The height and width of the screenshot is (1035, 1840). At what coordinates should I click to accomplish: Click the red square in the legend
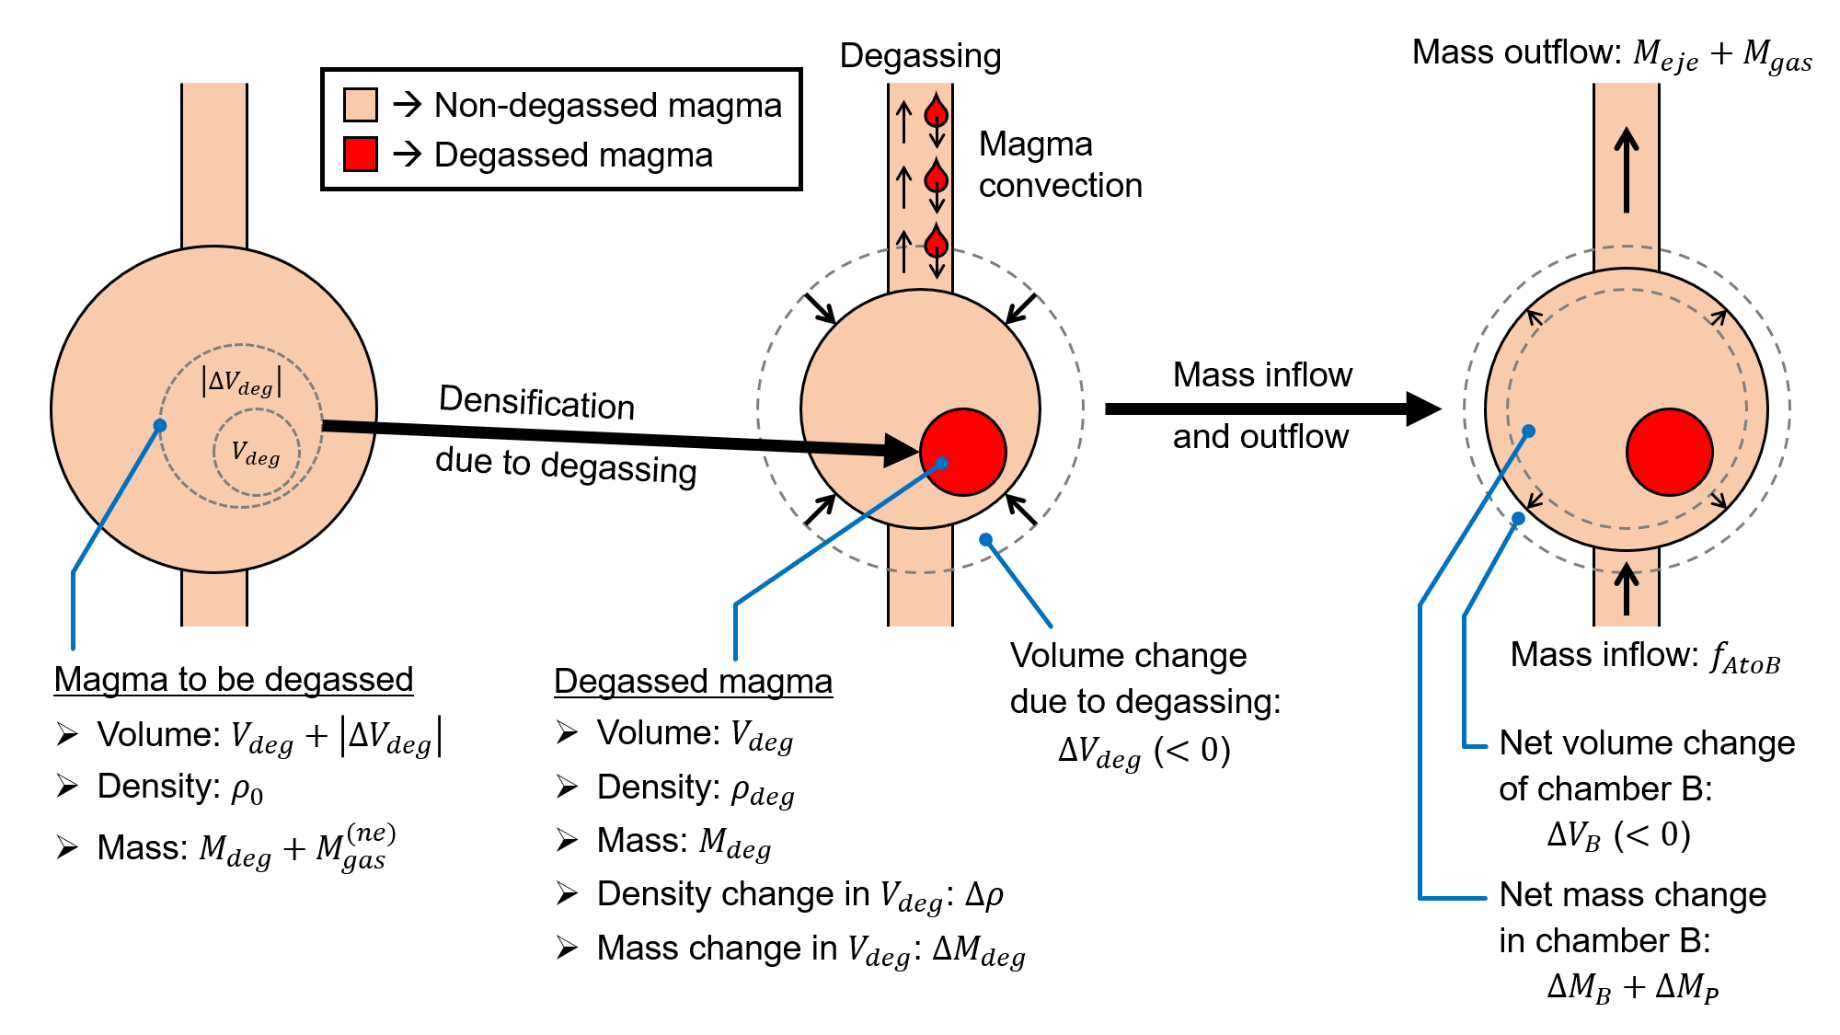point(360,155)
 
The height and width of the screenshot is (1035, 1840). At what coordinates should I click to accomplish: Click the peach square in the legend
point(360,105)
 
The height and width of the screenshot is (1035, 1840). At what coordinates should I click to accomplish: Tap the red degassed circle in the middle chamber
point(963,452)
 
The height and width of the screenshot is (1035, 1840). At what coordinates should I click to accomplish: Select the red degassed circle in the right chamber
point(1669,452)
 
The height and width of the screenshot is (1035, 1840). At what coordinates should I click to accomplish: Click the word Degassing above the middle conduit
point(920,56)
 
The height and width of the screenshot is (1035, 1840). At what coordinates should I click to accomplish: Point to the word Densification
point(536,403)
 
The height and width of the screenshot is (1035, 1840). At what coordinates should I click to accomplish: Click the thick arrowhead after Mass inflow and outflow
point(1422,408)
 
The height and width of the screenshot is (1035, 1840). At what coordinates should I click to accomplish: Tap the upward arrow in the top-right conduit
point(1627,169)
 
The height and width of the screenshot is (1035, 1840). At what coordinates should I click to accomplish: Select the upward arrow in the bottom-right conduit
point(1627,589)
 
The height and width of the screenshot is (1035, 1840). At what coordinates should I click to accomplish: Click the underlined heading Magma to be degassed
point(234,680)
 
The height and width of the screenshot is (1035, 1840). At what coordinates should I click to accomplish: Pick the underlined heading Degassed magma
point(693,682)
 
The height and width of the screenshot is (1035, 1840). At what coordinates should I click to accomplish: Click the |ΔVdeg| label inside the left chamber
point(241,381)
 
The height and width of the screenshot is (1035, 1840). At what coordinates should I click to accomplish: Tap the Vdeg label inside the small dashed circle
point(255,454)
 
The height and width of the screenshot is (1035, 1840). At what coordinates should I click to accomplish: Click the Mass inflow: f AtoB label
point(1645,656)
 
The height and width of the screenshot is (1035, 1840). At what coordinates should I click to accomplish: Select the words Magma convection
point(1060,165)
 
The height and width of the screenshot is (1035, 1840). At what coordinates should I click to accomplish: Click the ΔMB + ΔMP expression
point(1632,987)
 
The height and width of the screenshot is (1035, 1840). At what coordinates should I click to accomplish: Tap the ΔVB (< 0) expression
point(1618,835)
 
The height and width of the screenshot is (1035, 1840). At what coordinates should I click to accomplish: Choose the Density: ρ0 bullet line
point(180,788)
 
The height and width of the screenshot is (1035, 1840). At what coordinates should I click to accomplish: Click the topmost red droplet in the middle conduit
point(937,112)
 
